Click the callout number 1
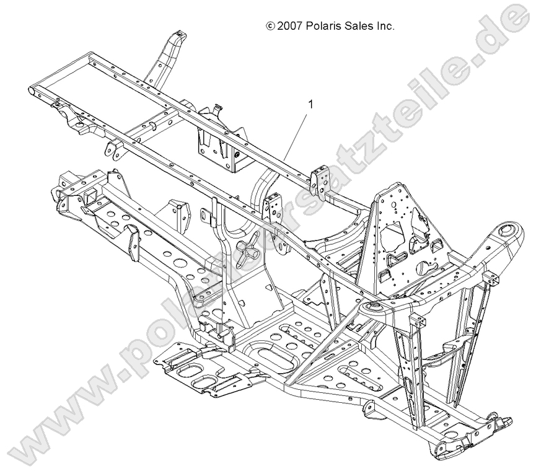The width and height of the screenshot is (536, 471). [x=310, y=104]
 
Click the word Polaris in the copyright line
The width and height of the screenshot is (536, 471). [x=324, y=27]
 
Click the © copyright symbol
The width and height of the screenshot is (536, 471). [x=270, y=27]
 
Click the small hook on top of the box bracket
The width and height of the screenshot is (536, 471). [x=234, y=108]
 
